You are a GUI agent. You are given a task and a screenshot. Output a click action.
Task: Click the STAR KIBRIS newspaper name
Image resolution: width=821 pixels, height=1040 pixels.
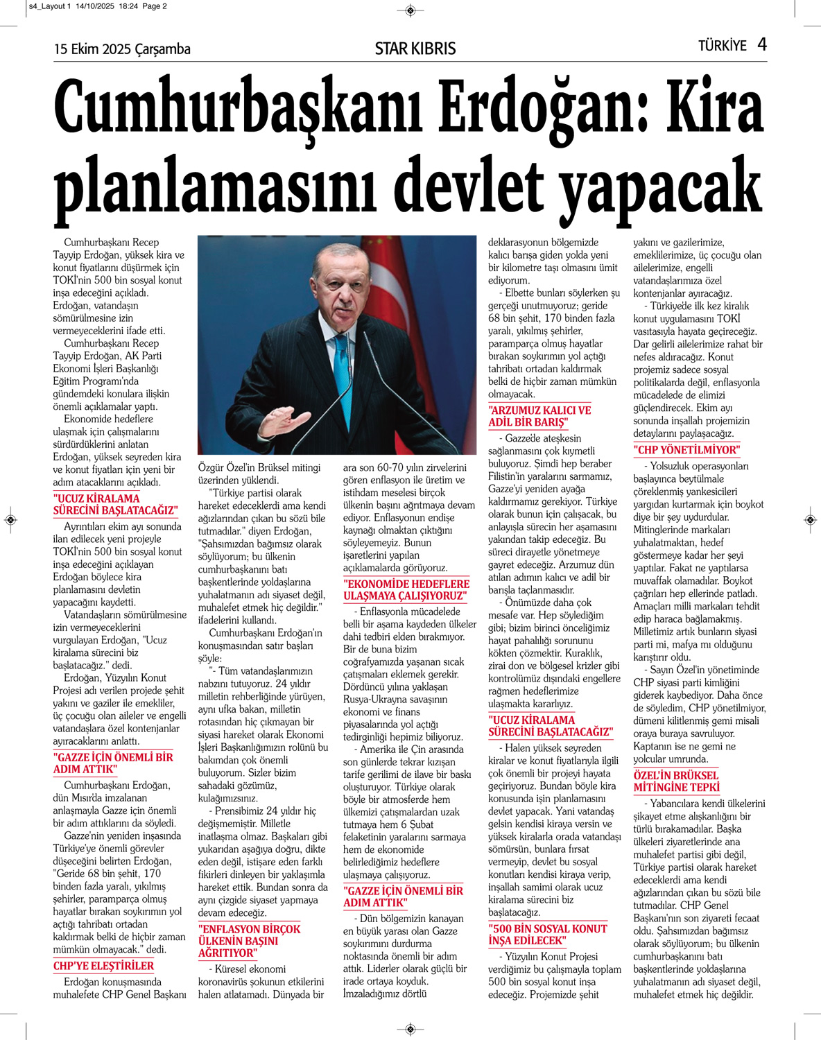(x=415, y=49)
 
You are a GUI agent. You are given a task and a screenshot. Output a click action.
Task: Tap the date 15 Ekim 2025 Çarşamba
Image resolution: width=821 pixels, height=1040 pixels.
(x=122, y=49)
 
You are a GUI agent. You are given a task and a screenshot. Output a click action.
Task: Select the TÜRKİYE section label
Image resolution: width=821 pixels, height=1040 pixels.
(x=722, y=46)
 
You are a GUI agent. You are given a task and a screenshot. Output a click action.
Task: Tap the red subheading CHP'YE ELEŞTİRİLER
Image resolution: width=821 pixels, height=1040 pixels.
(x=103, y=966)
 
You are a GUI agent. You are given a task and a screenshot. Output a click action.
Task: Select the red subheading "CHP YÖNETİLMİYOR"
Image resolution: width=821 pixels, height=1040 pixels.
(x=686, y=450)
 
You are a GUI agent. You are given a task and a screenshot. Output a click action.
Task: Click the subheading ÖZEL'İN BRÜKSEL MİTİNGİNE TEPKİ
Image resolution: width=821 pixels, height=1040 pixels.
(x=676, y=781)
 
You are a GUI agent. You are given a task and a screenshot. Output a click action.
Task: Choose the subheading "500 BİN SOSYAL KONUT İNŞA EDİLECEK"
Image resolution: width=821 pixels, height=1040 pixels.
(x=547, y=935)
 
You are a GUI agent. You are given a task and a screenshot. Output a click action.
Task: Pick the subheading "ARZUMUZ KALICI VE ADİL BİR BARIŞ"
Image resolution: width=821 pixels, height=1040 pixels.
(x=539, y=416)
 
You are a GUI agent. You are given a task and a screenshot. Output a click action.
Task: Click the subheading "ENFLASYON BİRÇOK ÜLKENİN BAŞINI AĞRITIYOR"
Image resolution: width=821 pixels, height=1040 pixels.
(x=249, y=941)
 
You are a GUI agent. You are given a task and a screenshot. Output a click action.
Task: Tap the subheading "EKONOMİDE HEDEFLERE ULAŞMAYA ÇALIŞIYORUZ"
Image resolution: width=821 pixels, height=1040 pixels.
(x=406, y=590)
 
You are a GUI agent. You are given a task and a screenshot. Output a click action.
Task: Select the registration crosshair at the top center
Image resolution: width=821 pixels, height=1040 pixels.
(x=410, y=10)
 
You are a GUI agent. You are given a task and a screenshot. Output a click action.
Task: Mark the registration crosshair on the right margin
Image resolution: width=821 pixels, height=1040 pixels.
(x=810, y=519)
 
